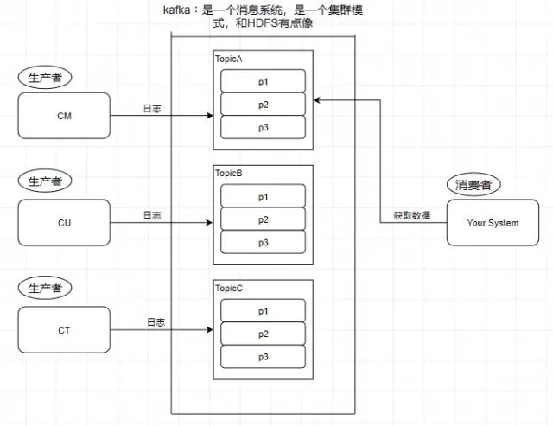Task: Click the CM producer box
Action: click(64, 115)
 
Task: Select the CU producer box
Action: click(64, 222)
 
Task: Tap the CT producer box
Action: click(64, 329)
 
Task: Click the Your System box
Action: click(493, 222)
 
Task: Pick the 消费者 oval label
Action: click(474, 185)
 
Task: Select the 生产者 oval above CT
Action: click(45, 288)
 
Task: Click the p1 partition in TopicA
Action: click(263, 80)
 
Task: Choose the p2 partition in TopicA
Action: click(263, 104)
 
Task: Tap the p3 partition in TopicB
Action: click(263, 242)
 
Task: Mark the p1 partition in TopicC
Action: click(263, 310)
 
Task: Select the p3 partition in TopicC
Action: click(263, 356)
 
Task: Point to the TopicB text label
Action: click(229, 173)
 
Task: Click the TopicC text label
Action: click(229, 287)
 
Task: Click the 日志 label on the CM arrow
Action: click(152, 109)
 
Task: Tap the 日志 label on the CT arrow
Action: click(155, 322)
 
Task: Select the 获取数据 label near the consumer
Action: click(413, 215)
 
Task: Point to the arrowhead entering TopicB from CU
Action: click(210, 222)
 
